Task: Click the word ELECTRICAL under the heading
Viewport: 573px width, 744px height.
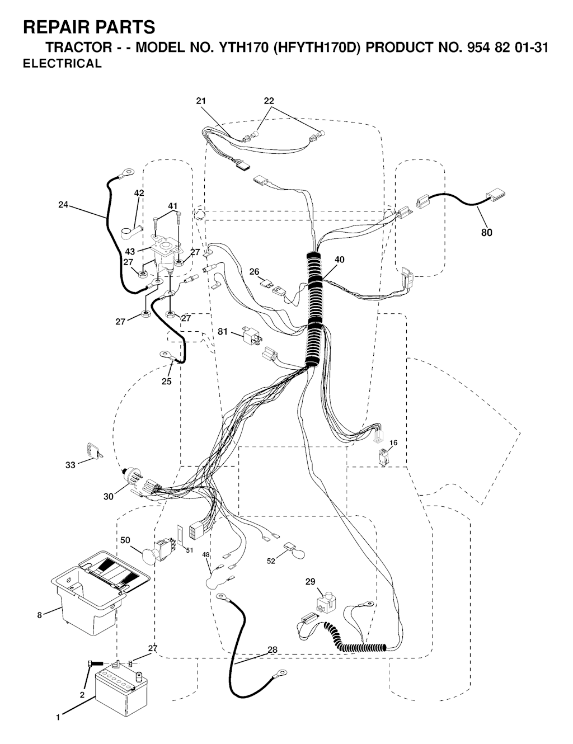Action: (x=62, y=63)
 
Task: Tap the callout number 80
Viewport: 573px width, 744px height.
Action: (x=486, y=233)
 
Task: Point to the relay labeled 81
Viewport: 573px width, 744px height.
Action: (x=252, y=336)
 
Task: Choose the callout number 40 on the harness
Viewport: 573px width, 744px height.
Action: (x=339, y=260)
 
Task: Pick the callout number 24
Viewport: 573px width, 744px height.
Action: (x=63, y=205)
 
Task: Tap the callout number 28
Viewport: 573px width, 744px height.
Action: (x=273, y=649)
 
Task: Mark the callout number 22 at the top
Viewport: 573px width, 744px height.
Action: (x=269, y=101)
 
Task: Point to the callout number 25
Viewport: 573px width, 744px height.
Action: (x=166, y=382)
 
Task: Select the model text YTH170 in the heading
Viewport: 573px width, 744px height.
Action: (x=243, y=47)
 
